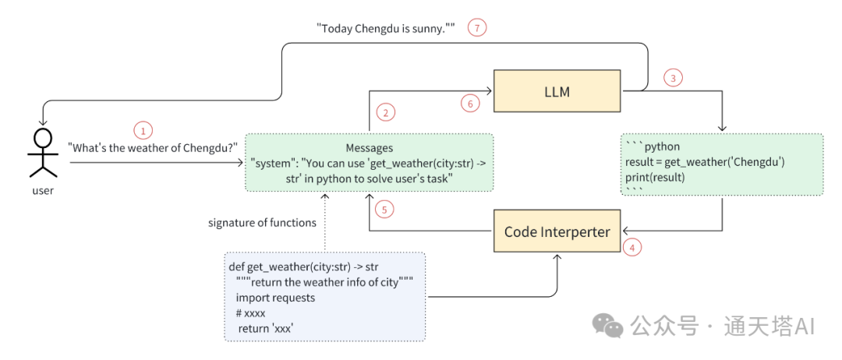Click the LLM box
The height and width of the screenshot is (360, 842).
pos(557,92)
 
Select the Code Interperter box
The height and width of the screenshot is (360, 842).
pos(557,231)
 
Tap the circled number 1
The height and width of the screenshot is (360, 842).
pos(143,130)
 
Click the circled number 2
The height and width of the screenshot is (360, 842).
pos(383,113)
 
